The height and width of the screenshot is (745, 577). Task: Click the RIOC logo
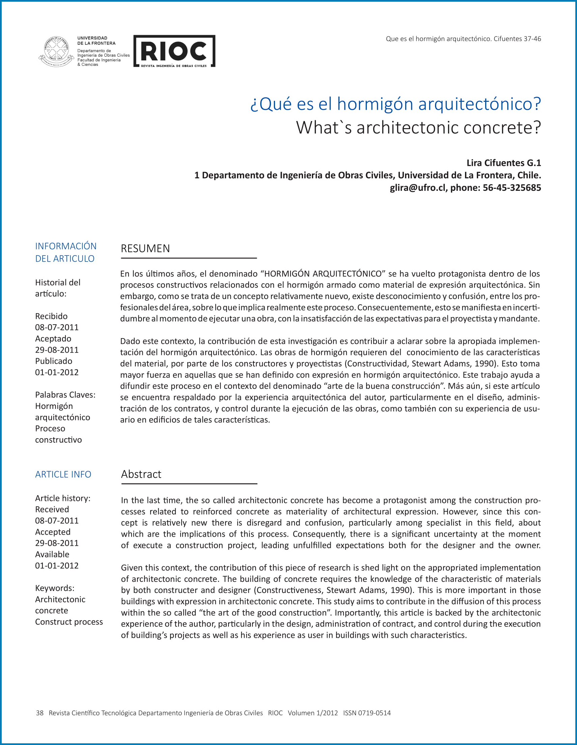tap(174, 51)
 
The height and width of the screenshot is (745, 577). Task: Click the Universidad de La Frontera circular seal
tap(56, 51)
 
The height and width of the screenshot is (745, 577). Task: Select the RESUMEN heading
tap(145, 248)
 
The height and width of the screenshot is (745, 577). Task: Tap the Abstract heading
tap(141, 474)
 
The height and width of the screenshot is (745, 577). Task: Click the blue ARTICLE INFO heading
tap(63, 474)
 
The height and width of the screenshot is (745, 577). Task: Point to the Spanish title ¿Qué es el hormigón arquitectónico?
tap(395, 104)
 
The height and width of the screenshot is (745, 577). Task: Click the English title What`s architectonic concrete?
tap(418, 127)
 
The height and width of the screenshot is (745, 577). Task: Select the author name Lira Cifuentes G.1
tap(503, 163)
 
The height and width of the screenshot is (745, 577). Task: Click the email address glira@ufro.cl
tap(418, 188)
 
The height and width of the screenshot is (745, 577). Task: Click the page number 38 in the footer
tap(39, 713)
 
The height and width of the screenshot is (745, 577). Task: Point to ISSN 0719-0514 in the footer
tap(367, 713)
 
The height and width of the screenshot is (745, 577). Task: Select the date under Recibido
tap(57, 327)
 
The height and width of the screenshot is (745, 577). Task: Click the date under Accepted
tap(57, 543)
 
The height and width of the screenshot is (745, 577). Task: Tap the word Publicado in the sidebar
tap(54, 361)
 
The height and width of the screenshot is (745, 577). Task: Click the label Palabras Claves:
tap(65, 395)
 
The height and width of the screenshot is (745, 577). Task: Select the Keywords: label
tap(55, 588)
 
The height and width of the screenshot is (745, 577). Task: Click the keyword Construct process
tap(69, 622)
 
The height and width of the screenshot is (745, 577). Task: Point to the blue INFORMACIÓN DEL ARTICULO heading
tap(65, 252)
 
